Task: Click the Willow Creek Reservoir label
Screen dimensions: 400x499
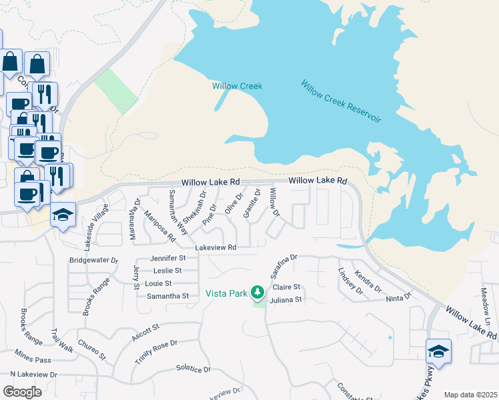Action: point(340,101)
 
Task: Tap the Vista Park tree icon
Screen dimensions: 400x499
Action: point(258,292)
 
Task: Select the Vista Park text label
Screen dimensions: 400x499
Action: point(226,293)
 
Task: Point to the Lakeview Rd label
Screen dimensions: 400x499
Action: point(215,247)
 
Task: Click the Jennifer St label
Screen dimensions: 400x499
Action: point(167,257)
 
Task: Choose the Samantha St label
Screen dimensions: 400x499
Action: point(167,295)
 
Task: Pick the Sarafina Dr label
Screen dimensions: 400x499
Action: point(283,265)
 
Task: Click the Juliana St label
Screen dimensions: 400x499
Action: point(288,300)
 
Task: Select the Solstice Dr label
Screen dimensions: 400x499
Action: point(193,369)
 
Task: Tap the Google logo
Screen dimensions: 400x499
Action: point(22,391)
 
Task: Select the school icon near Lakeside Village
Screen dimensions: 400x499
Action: point(63,215)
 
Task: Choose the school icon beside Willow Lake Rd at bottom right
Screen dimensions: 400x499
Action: point(439,351)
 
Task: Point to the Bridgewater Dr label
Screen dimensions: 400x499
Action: point(93,260)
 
